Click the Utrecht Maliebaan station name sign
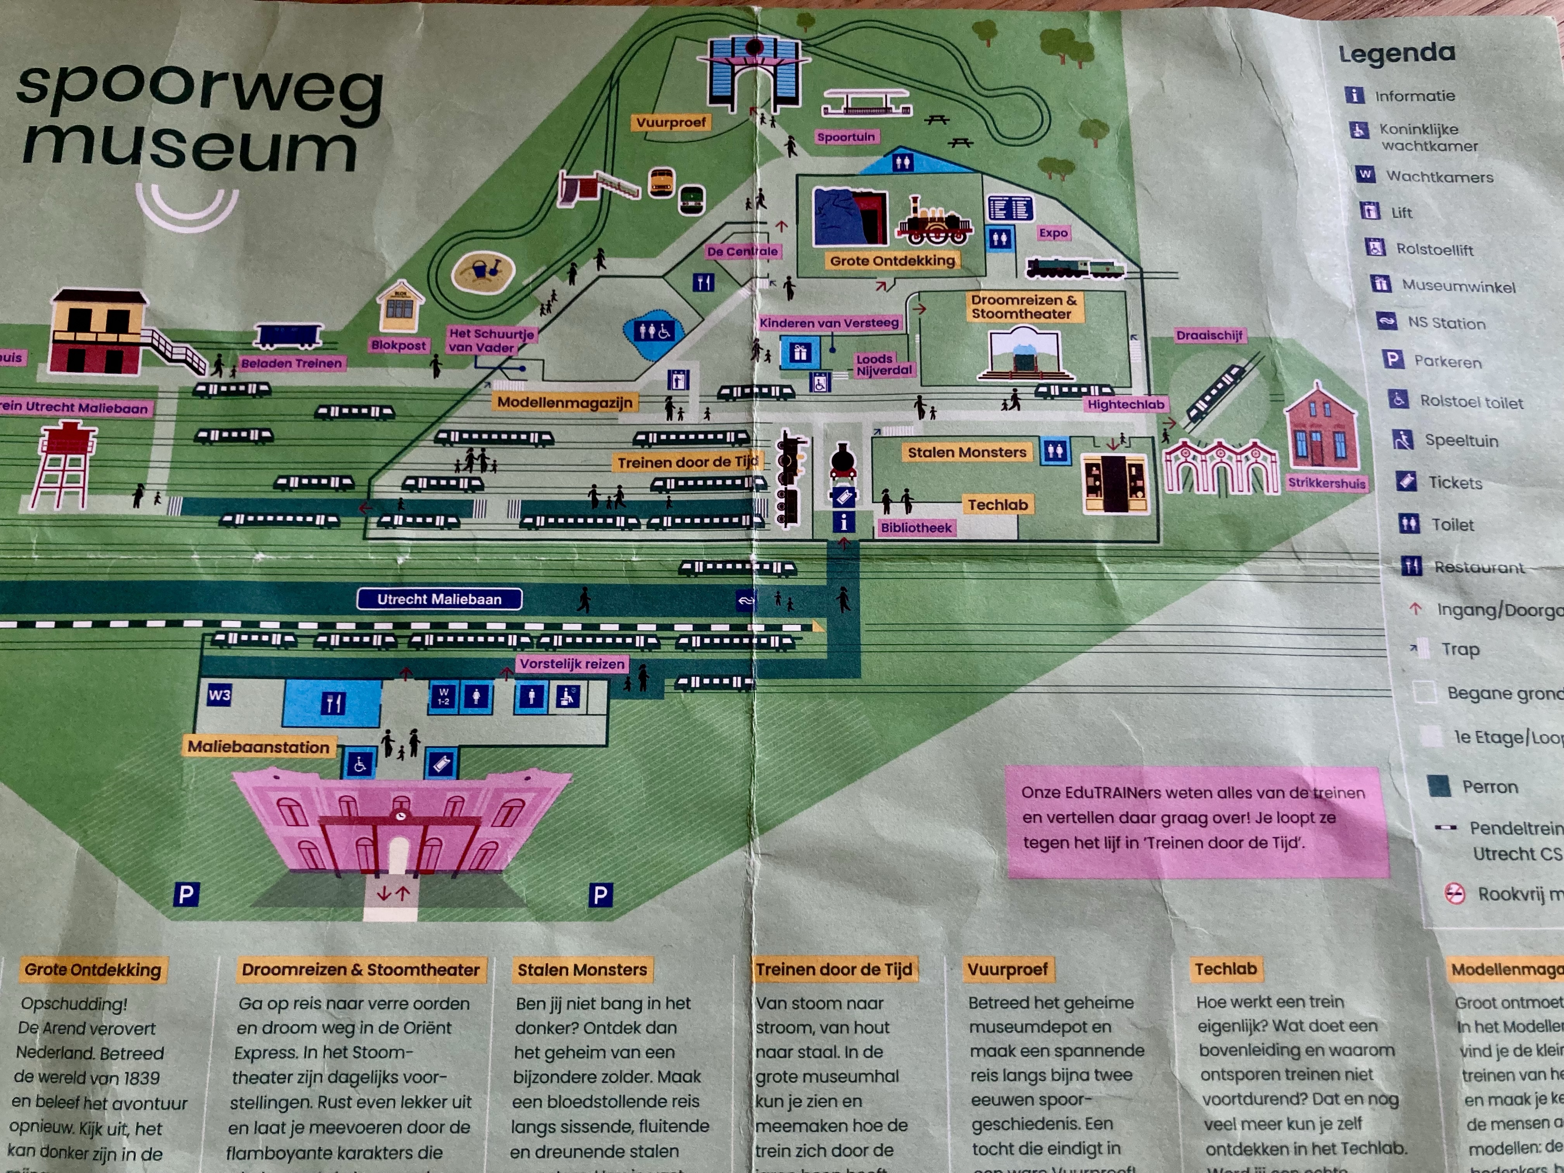439,599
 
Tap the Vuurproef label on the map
670,122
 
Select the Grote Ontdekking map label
892,260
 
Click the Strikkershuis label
1327,483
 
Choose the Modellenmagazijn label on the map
565,402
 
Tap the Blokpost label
399,345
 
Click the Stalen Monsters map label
967,452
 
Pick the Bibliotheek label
916,528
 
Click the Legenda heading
1396,53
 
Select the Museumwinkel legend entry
1458,286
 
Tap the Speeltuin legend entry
1461,441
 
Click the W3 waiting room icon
219,695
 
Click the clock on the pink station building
401,816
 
